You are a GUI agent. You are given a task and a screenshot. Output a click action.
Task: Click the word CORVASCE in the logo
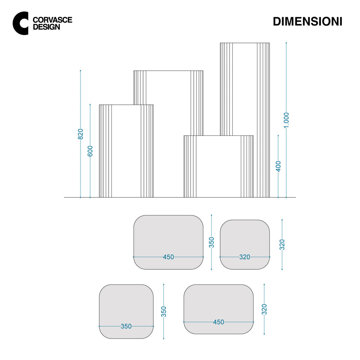tap(53, 20)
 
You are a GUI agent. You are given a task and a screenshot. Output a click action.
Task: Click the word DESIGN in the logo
tap(47, 27)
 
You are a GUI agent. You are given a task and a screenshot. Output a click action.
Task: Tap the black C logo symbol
tap(21, 23)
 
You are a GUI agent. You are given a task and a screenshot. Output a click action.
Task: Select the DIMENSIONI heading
tap(307, 21)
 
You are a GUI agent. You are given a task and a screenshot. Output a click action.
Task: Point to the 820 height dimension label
tap(81, 134)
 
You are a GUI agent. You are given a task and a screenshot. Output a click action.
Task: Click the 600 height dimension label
tap(90, 151)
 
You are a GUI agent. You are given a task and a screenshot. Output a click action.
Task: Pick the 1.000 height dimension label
tap(286, 120)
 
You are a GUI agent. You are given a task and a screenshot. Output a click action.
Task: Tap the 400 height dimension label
tap(278, 166)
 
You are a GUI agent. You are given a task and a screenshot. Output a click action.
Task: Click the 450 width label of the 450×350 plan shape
tap(168, 257)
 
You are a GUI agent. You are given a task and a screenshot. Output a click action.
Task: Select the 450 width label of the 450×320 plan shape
tap(218, 322)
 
